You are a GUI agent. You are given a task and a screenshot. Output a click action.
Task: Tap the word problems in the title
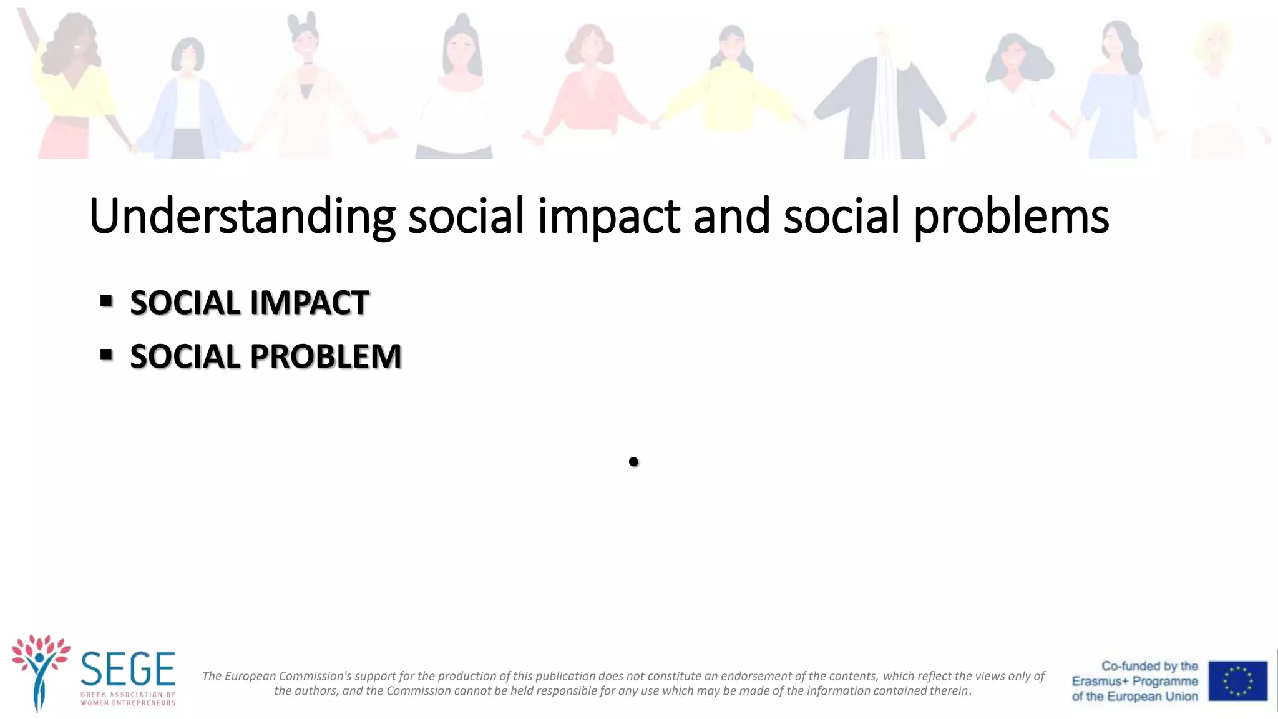click(x=1011, y=216)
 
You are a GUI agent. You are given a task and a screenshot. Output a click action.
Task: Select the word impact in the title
click(x=608, y=216)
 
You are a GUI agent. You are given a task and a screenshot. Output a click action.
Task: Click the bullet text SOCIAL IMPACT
click(x=249, y=303)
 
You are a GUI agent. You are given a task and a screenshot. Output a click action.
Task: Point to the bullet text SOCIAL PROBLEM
click(x=265, y=356)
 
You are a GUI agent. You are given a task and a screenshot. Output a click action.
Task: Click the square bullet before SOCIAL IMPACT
click(x=106, y=301)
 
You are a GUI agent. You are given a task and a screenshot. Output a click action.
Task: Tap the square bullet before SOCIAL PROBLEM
click(x=106, y=355)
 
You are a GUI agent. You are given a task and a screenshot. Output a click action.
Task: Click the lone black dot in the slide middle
click(x=633, y=462)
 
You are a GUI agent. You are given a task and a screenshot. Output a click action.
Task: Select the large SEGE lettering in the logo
click(x=128, y=669)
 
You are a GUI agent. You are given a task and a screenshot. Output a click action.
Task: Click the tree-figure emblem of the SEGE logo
click(x=41, y=671)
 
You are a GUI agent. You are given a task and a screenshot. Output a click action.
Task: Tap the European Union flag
click(x=1237, y=680)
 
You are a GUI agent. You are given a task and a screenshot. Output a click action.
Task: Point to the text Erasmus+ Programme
click(x=1134, y=681)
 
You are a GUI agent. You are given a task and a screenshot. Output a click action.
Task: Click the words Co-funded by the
click(x=1149, y=666)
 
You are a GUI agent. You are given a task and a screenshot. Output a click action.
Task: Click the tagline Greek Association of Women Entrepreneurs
click(x=128, y=698)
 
